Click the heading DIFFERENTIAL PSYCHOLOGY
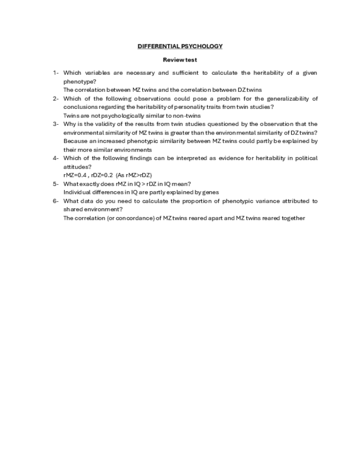tap(180, 46)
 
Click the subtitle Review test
tap(180, 60)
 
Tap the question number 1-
tap(56, 73)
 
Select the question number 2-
tap(56, 99)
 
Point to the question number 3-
tap(56, 124)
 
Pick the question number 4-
tap(56, 158)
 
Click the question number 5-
tap(56, 184)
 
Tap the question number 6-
tap(56, 201)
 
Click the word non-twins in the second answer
tap(187, 115)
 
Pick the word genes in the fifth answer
tap(210, 192)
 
